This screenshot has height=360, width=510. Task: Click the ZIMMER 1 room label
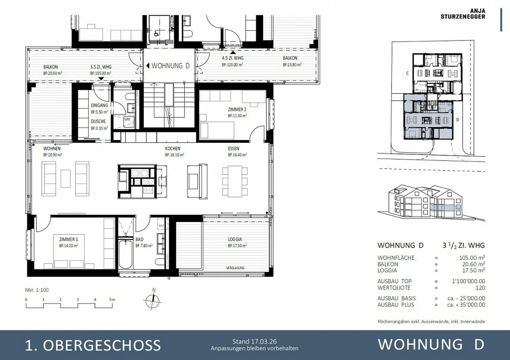68,239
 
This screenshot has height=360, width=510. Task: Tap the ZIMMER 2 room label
237,109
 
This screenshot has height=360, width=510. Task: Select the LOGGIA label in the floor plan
235,239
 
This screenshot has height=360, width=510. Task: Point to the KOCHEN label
172,149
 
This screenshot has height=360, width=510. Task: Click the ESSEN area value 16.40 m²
237,155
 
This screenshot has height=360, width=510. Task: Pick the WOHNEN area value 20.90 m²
53,155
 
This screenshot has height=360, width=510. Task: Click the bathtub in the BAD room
125,254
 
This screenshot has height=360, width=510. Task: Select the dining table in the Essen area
235,181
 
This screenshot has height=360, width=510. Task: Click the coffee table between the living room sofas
66,179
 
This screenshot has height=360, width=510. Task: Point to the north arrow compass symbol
153,301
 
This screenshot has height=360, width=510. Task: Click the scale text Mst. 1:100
37,290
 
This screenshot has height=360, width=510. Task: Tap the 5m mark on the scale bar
112,299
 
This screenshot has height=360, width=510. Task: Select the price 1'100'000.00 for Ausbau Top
468,281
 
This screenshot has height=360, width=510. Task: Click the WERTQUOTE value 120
480,288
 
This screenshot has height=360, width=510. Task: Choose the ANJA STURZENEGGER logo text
463,14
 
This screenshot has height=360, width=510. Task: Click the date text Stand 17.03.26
254,342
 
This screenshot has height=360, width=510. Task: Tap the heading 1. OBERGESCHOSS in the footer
93,345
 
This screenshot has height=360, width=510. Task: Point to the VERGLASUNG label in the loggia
235,268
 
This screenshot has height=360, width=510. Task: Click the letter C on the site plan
407,73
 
